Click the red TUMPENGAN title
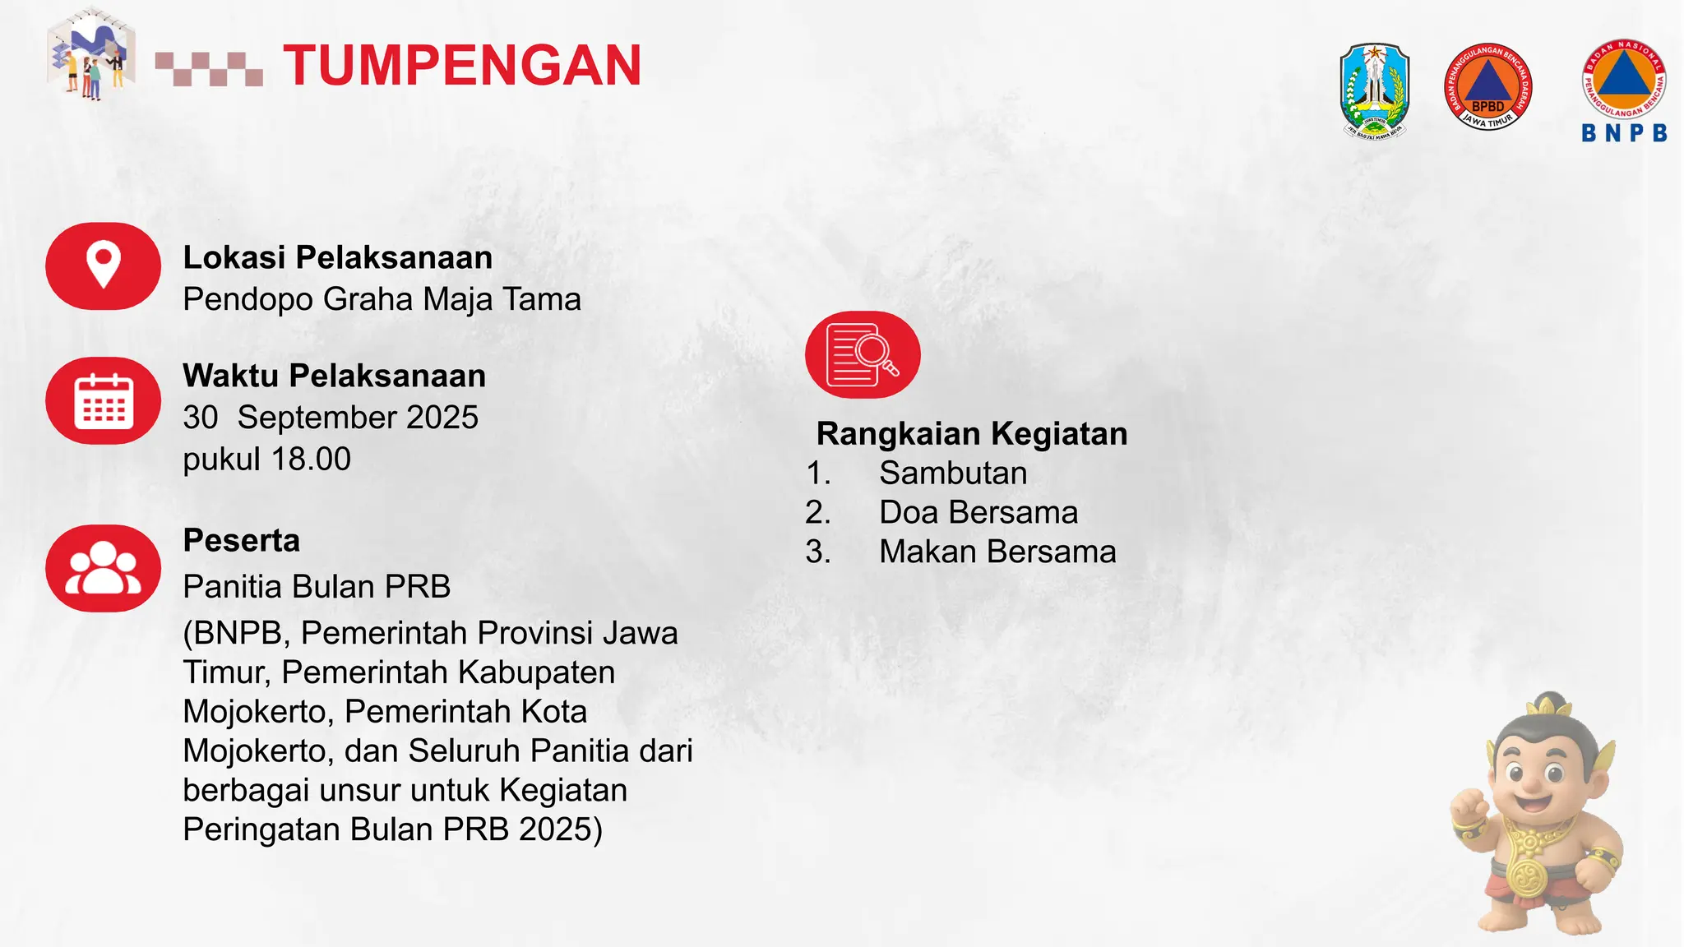point(462,66)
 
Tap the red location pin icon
point(103,266)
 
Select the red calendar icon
point(103,401)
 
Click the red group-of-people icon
point(103,568)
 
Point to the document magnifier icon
point(863,355)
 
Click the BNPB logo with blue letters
point(1624,90)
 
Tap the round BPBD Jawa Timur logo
point(1488,87)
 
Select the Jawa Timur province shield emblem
point(1375,90)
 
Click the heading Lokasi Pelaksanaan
point(337,257)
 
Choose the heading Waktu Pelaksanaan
point(334,376)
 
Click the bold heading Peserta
point(241,541)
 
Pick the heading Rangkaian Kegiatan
point(972,433)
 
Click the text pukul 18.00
point(266,459)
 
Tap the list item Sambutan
point(953,473)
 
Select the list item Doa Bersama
point(978,512)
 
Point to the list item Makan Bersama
point(997,552)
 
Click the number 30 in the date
point(201,418)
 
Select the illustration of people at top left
point(90,54)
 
